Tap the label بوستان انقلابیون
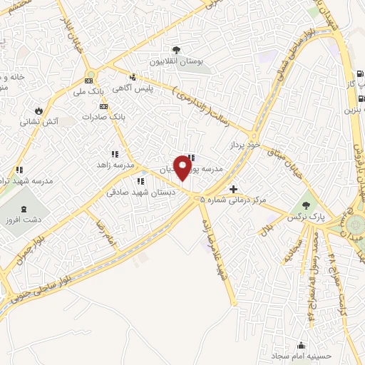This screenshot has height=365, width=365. [x=176, y=62]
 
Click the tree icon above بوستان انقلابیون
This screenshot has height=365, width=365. [x=176, y=50]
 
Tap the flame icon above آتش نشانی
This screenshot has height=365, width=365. [x=38, y=110]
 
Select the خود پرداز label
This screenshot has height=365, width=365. [x=241, y=144]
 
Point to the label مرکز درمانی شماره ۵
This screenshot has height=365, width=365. [x=233, y=200]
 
